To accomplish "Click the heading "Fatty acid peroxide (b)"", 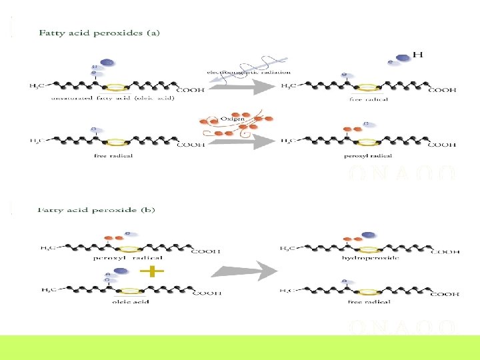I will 97,209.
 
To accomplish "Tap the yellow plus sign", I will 153,271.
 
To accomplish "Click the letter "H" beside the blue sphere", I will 418,54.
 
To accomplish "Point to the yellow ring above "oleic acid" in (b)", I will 131,291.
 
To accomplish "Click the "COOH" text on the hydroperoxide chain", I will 448,252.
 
